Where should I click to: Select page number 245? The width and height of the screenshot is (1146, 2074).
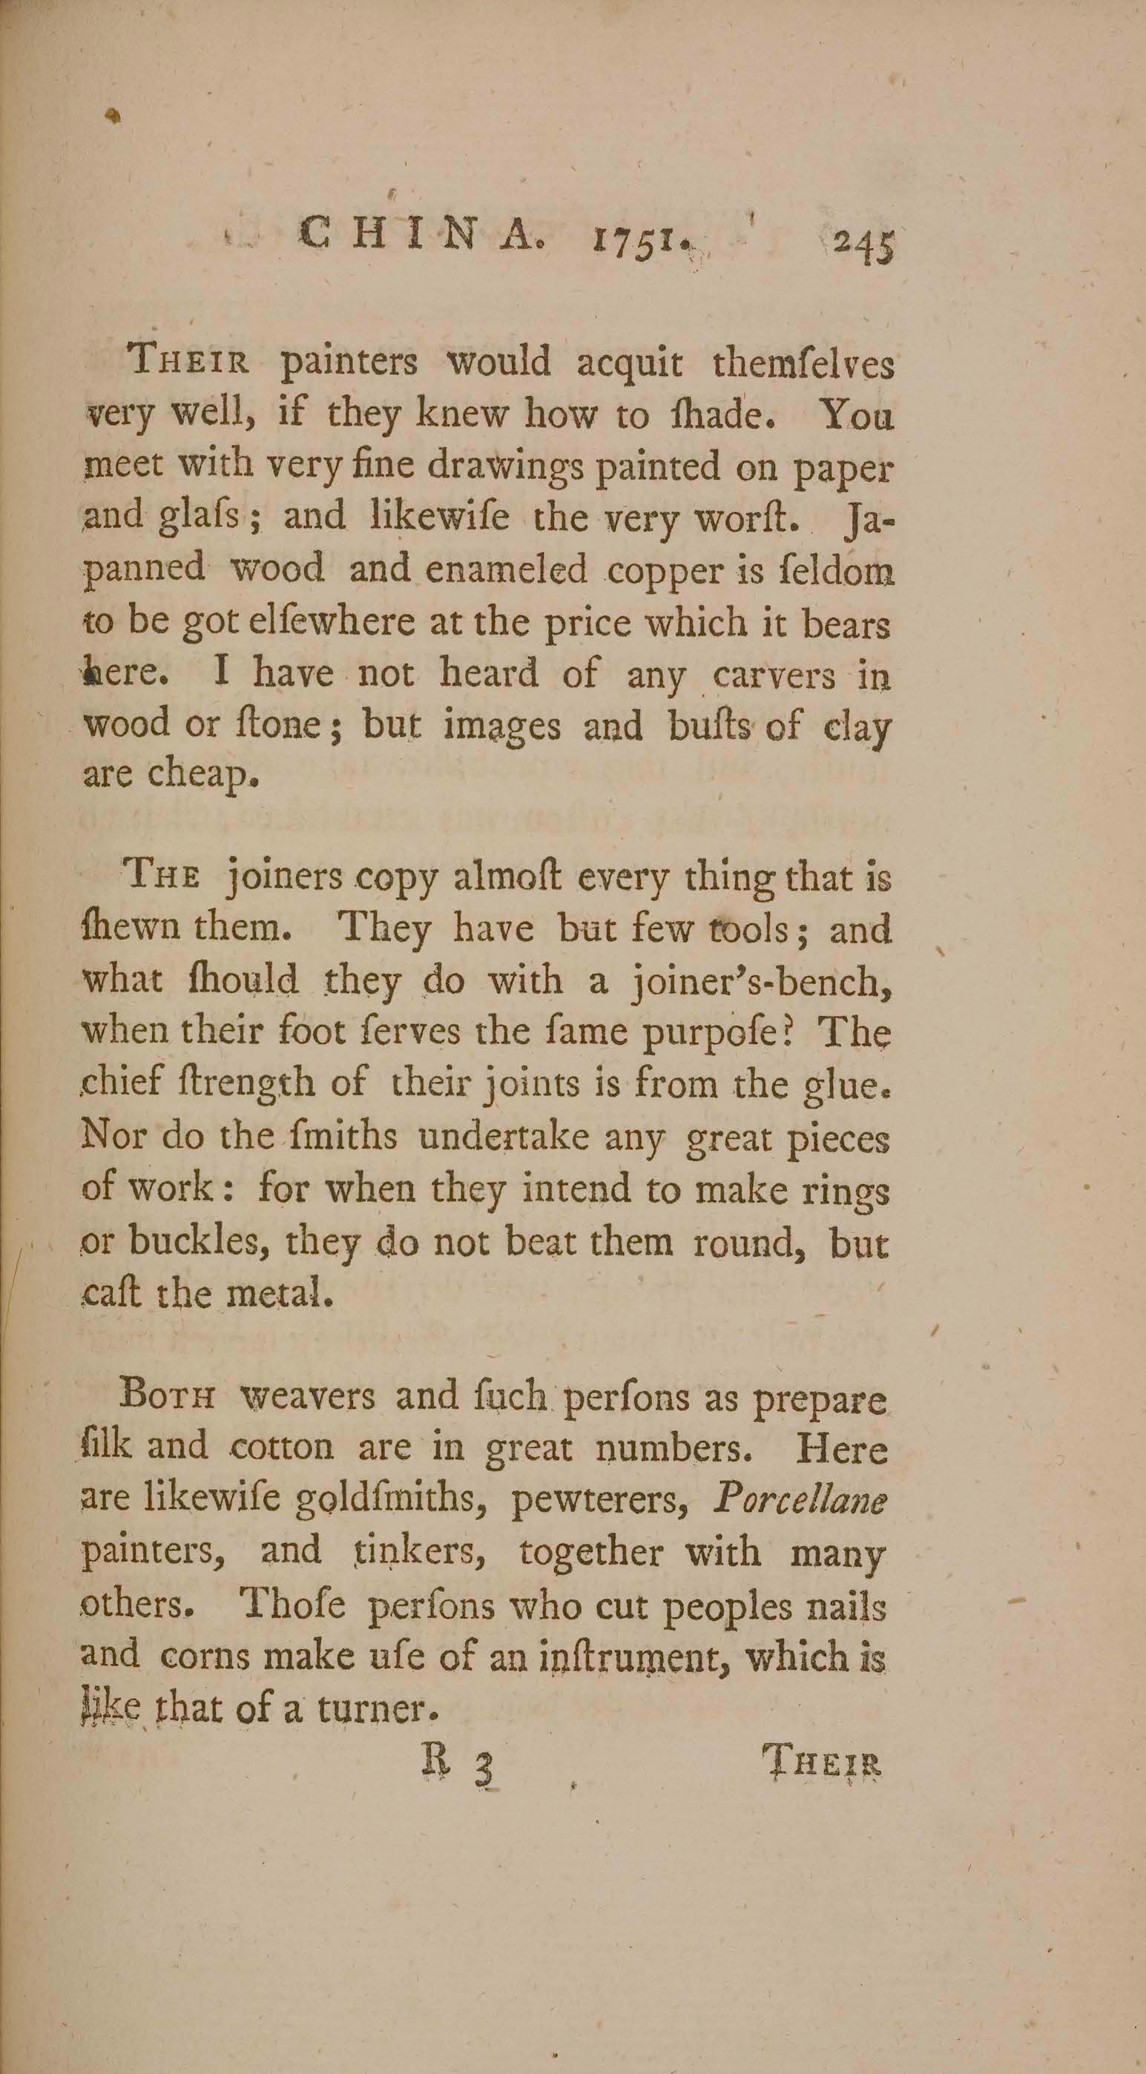[x=863, y=241]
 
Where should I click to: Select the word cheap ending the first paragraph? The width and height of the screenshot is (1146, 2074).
[x=202, y=777]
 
